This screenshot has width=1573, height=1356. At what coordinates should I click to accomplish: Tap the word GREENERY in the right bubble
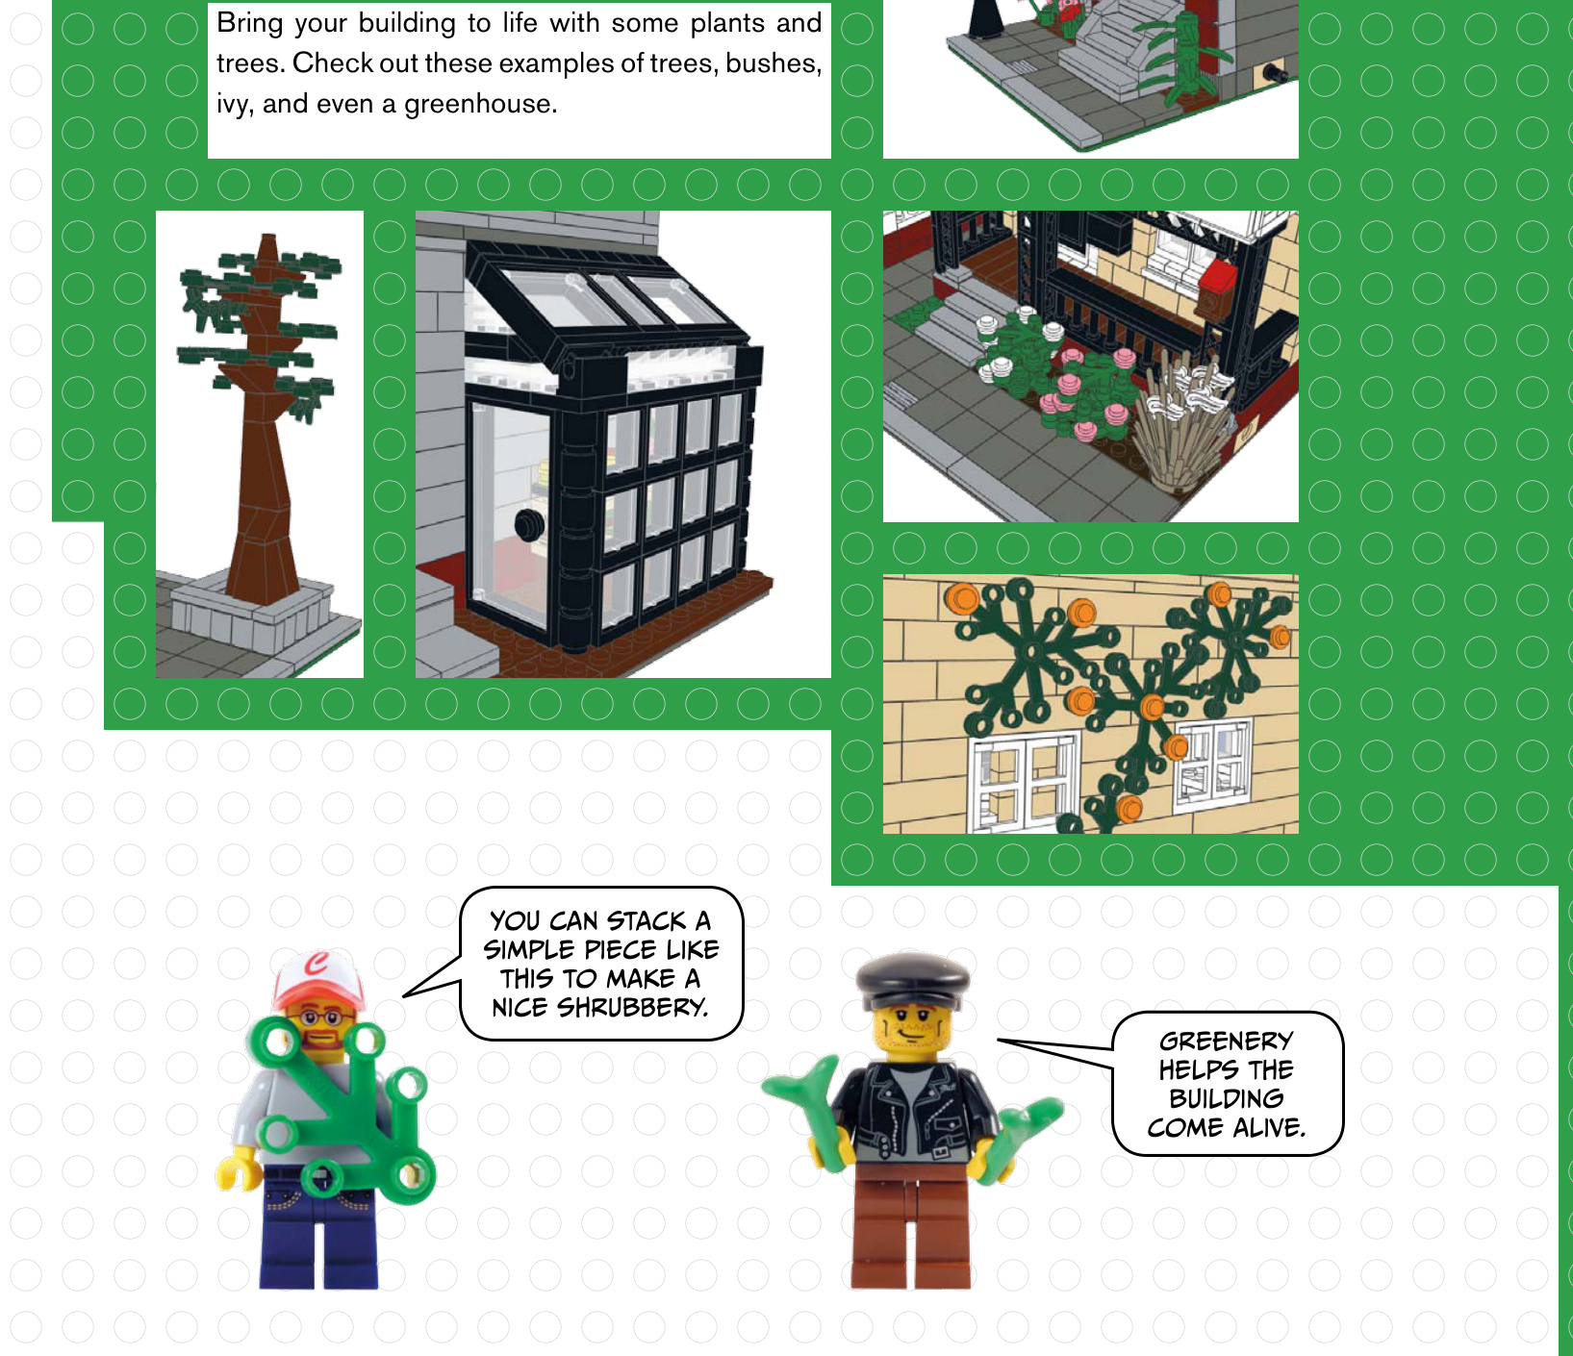click(x=1226, y=1041)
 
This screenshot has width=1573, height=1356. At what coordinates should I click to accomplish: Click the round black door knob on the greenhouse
click(x=528, y=525)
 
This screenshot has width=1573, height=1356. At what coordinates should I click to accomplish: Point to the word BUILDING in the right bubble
click(x=1226, y=1098)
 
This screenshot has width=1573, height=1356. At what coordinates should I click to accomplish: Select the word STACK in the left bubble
click(x=646, y=920)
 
